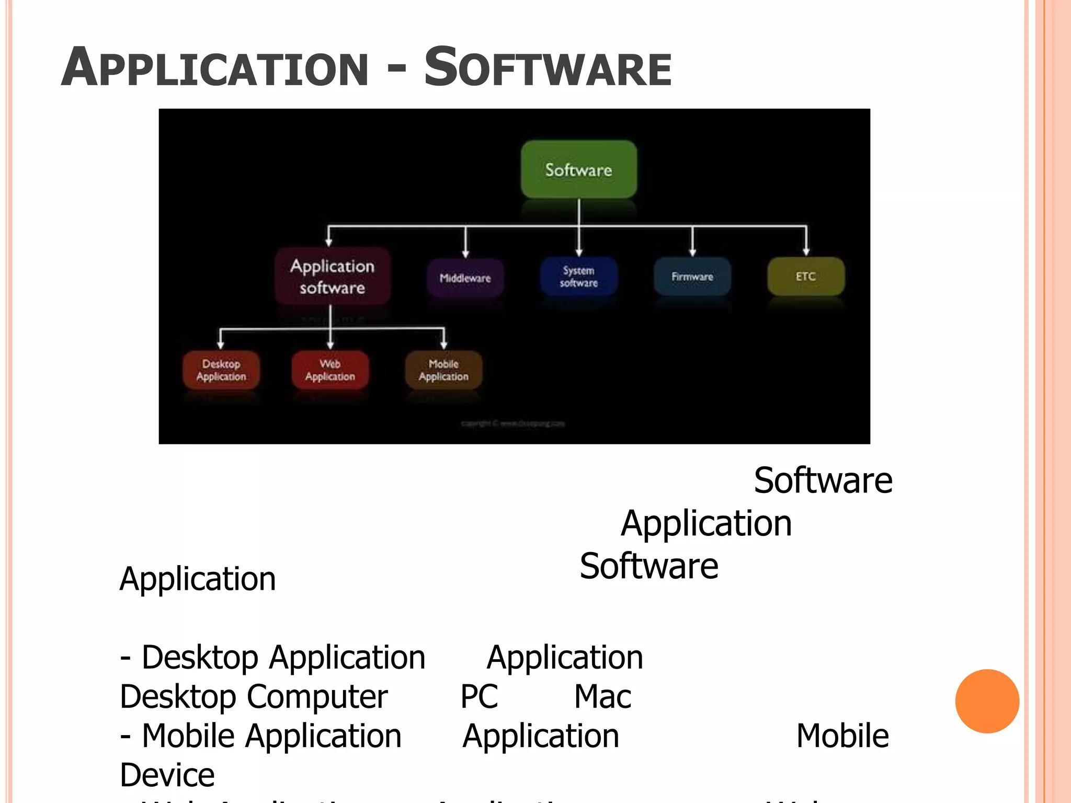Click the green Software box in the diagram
(578, 169)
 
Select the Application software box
(333, 277)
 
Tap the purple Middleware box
(465, 278)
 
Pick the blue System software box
(578, 277)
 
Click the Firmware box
(692, 277)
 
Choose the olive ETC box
(805, 276)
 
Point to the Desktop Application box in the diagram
(221, 370)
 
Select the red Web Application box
(330, 370)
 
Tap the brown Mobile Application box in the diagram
(443, 370)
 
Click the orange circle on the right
(987, 701)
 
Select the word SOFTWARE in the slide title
(548, 68)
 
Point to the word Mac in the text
(602, 696)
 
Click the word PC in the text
(479, 696)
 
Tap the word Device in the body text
(167, 775)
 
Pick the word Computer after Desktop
(317, 697)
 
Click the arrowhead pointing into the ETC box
(806, 252)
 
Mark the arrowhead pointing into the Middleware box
(465, 254)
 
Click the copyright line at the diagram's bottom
(513, 423)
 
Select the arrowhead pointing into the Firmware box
(692, 253)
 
